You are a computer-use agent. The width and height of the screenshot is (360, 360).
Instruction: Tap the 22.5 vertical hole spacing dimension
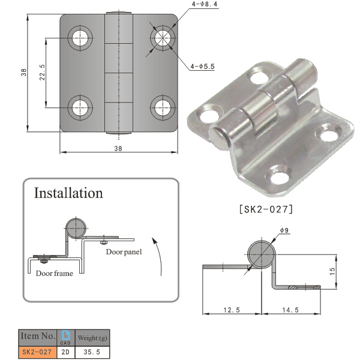click(41, 72)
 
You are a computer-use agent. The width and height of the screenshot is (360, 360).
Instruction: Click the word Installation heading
click(68, 193)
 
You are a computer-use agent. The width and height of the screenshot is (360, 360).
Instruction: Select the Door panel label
click(124, 252)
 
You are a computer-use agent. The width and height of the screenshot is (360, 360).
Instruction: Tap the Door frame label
click(54, 274)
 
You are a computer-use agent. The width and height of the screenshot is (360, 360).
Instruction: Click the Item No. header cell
click(39, 335)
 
